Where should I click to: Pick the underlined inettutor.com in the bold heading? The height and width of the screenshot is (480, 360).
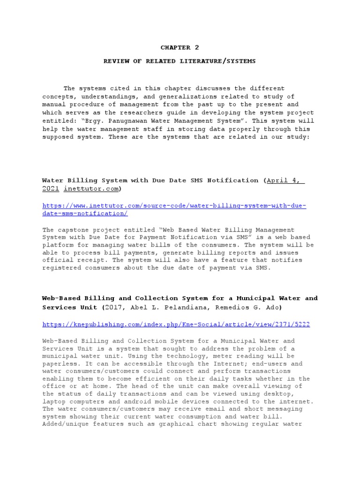coord(91,188)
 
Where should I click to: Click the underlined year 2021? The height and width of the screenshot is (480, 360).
coord(50,188)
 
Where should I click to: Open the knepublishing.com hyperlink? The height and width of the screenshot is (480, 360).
coord(176,324)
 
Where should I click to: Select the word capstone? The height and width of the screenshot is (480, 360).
coord(74,230)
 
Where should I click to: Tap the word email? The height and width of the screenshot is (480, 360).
coord(187,409)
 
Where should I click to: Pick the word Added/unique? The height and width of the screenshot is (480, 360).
coord(65,424)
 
